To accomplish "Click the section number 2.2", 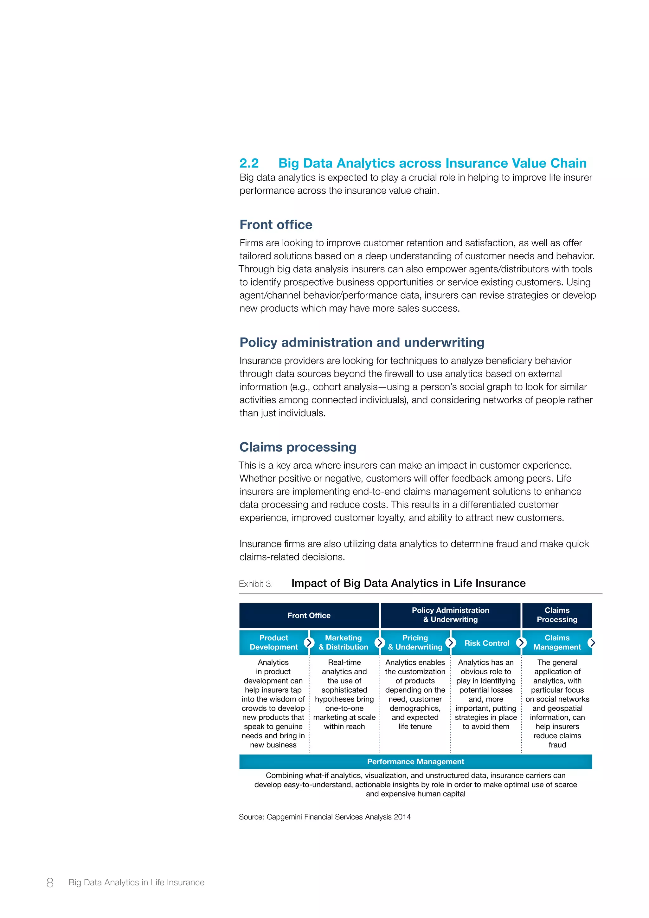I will [x=249, y=163].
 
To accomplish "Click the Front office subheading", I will [x=276, y=225].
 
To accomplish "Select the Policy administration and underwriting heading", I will [x=362, y=342].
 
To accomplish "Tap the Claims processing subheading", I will [x=298, y=447].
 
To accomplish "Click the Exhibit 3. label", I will [x=256, y=584].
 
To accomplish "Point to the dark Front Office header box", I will [x=309, y=615].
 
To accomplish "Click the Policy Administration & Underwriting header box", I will [x=450, y=615].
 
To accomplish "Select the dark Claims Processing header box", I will [x=557, y=615].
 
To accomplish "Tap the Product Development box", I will [x=273, y=643].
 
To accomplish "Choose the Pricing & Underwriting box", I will [x=415, y=643].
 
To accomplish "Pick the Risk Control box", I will [x=486, y=643].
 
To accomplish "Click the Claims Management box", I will [x=557, y=643].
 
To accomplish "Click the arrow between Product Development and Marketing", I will [x=309, y=643].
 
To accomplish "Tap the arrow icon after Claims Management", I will [x=592, y=643].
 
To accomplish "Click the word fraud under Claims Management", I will [x=557, y=745].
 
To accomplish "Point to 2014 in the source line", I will [x=402, y=817].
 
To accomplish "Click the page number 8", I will [x=50, y=882].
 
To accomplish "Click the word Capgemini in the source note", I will [x=284, y=817].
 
